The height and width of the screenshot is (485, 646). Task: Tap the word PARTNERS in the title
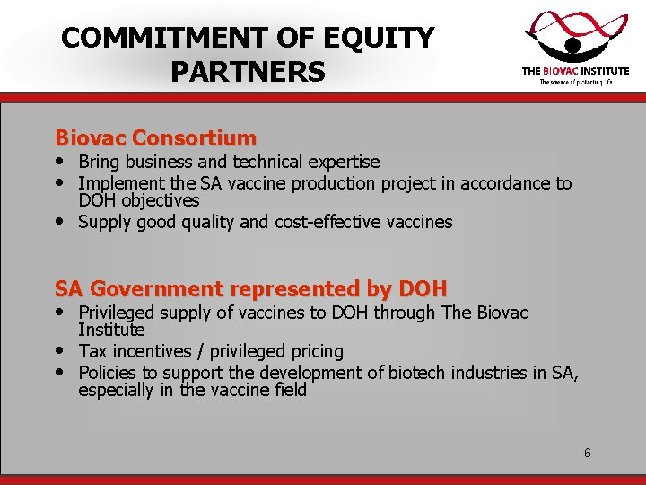[247, 72]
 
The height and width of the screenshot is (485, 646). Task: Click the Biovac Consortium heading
[155, 138]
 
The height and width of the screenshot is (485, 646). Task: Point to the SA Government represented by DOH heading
[250, 289]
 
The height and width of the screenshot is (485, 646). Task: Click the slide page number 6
[588, 453]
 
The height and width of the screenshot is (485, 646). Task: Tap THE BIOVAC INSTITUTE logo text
[575, 71]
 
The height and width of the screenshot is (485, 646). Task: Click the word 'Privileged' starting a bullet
[119, 313]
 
